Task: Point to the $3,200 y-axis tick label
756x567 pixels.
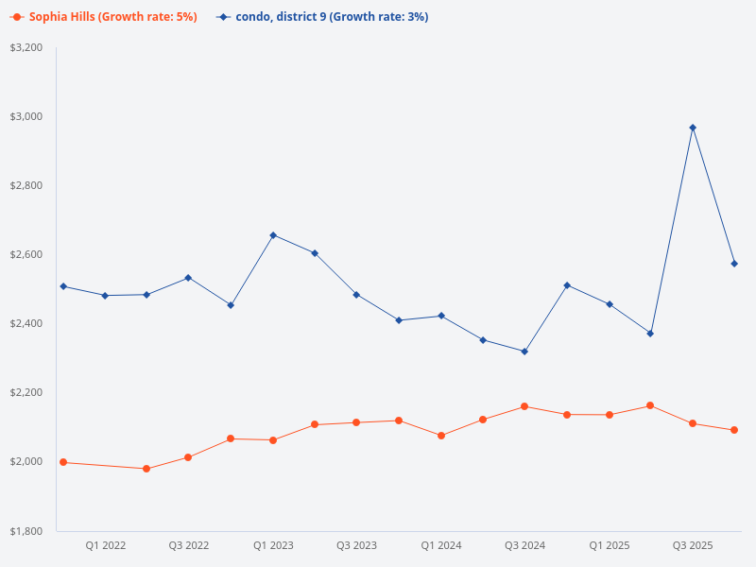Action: (26, 47)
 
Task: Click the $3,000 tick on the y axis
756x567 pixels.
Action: (26, 116)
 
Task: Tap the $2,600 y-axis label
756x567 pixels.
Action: (26, 254)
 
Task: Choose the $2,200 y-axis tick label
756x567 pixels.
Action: (26, 392)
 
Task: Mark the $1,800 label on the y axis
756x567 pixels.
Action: (26, 530)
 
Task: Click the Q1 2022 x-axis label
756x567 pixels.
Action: (106, 545)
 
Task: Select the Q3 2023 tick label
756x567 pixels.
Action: (356, 545)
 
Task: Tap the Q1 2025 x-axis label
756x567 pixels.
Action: (610, 545)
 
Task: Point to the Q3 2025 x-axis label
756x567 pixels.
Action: (693, 545)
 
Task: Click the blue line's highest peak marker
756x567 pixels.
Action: (693, 128)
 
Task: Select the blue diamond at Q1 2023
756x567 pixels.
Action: (273, 235)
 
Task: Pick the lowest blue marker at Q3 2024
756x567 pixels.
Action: (524, 352)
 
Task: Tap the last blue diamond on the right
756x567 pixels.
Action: (734, 264)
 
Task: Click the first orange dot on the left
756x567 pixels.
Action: (63, 462)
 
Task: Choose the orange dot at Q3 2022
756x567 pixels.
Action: (188, 457)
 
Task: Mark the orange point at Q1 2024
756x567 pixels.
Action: (441, 436)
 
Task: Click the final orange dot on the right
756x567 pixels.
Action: (734, 430)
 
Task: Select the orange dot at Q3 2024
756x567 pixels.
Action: (524, 406)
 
